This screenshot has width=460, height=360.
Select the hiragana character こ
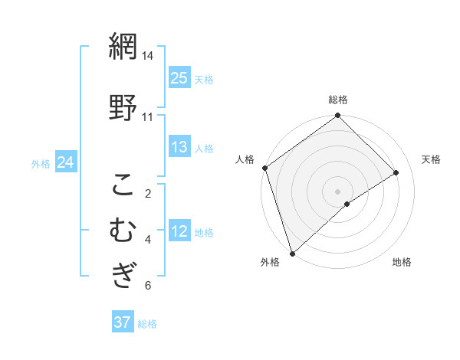123,185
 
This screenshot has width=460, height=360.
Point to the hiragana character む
123,231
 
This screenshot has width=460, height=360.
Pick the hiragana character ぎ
123,274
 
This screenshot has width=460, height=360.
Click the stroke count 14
147,57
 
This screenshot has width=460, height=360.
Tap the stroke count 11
147,117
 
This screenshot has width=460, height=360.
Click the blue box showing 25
179,78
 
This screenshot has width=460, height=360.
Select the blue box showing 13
179,147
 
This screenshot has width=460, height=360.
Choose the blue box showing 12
179,231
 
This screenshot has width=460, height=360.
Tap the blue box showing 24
65,162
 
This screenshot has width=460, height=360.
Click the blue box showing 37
123,322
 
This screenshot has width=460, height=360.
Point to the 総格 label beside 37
147,324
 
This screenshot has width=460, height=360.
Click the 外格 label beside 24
41,163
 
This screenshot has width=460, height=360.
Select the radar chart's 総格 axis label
338,100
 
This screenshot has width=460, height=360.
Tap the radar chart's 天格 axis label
432,159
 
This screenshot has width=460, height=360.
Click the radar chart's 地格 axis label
402,262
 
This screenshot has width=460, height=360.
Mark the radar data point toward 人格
264,168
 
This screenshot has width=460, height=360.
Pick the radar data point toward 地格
347,204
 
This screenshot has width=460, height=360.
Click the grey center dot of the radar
337,190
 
